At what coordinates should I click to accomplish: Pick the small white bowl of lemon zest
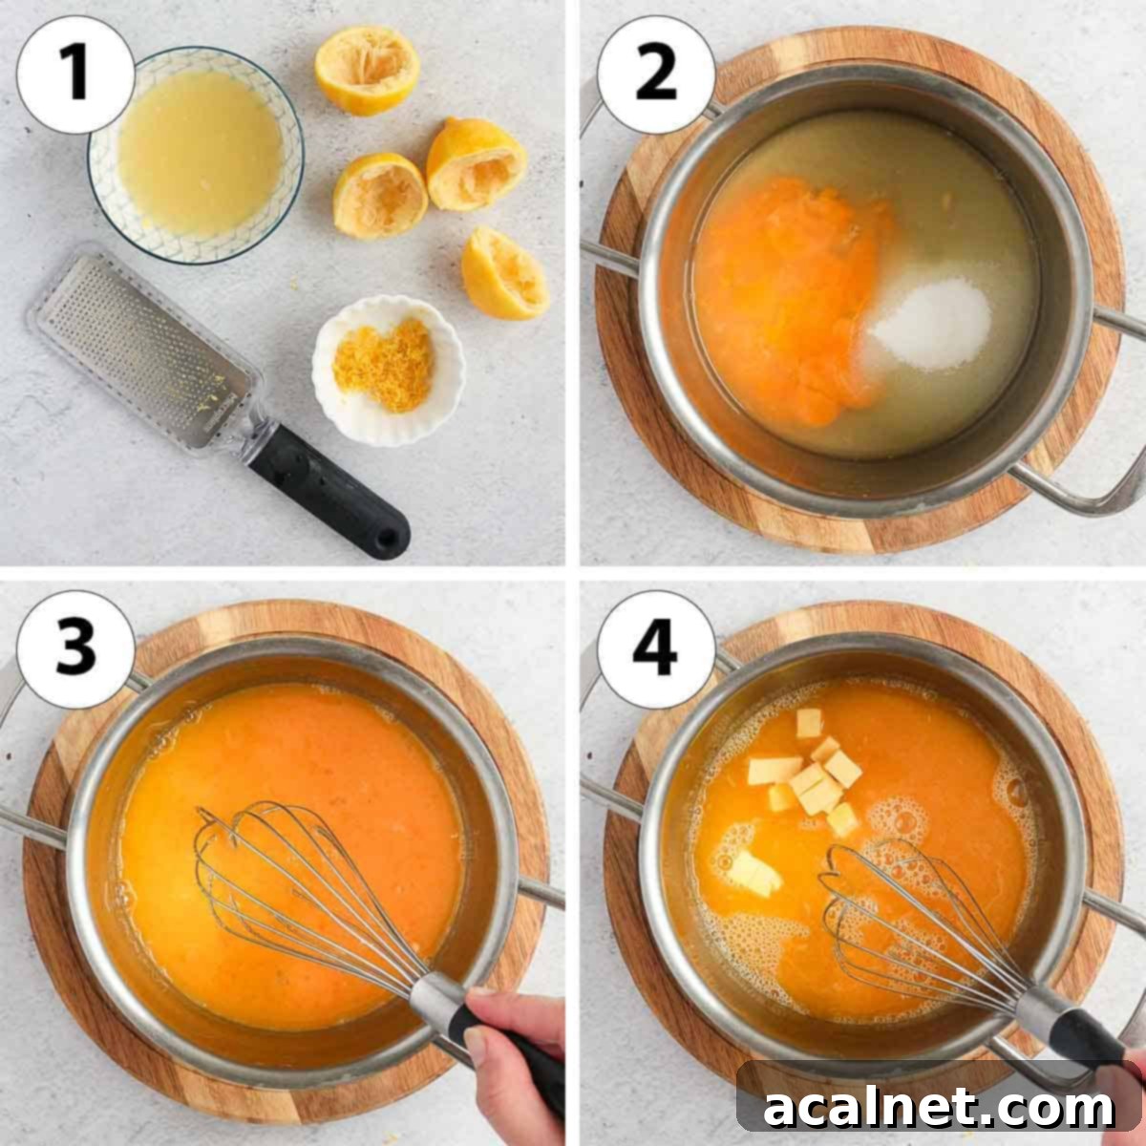pyautogui.click(x=388, y=371)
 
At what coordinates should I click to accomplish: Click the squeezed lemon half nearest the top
pyautogui.click(x=368, y=70)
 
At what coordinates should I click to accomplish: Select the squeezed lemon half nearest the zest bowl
pyautogui.click(x=504, y=273)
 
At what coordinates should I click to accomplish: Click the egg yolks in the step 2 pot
pyautogui.click(x=788, y=296)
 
